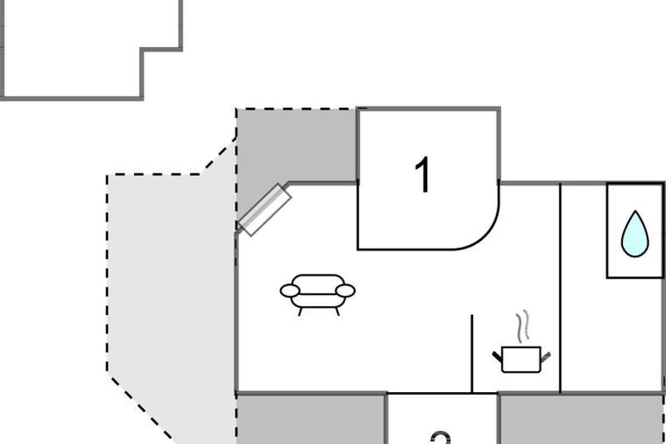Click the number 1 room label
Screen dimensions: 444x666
point(423,175)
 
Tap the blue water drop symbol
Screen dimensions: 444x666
point(634,234)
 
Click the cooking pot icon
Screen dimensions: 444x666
point(521,359)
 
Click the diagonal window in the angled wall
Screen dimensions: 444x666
point(265,210)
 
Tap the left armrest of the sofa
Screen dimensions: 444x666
point(290,290)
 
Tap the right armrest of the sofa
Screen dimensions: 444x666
point(346,290)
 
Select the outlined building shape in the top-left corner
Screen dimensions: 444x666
point(72,50)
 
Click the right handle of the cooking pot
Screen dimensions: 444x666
point(546,356)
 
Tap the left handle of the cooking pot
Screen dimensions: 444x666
point(497,356)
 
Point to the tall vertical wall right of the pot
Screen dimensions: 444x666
point(561,289)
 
